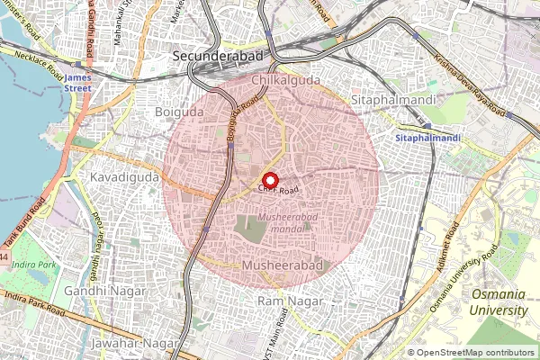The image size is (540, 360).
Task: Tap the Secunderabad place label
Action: [218, 56]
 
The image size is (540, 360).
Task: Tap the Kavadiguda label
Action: [124, 178]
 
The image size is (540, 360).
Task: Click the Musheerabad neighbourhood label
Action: [283, 266]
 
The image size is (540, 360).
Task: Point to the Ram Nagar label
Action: [283, 300]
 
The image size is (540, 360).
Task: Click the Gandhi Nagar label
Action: [100, 292]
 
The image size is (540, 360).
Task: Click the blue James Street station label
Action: [80, 83]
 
